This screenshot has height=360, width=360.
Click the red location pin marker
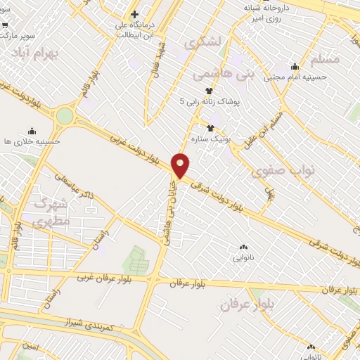coord(181,165)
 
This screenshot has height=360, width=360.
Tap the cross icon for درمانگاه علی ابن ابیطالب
coord(134,13)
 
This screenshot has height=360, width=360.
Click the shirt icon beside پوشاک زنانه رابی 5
coord(209,91)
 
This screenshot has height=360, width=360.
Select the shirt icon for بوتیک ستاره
coord(211,127)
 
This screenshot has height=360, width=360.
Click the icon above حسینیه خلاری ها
coord(32,130)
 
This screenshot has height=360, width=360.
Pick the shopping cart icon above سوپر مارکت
coord(5,24)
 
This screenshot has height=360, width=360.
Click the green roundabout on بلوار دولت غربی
coord(65,115)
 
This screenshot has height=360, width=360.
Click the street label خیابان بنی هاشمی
coord(170,211)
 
